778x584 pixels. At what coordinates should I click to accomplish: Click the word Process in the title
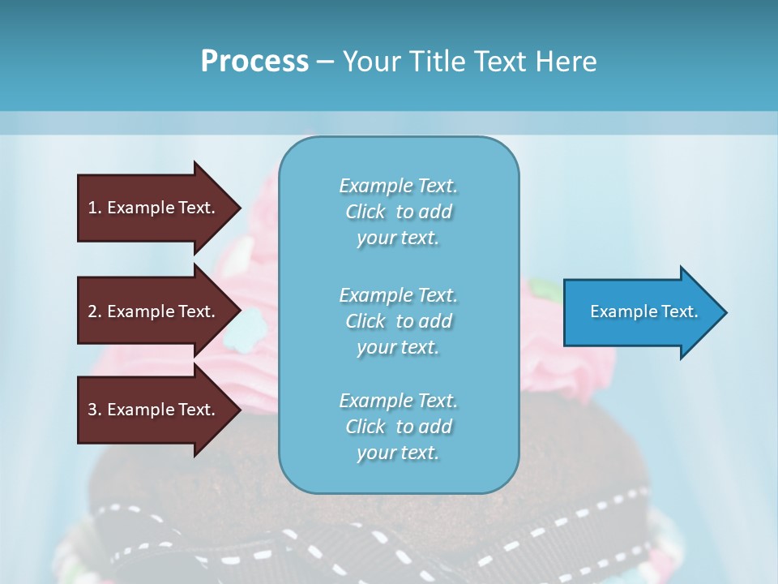254,62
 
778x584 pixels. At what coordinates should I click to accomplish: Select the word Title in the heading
438,62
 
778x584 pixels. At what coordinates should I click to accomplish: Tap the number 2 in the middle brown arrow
92,311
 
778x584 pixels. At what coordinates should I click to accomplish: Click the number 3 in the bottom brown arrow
92,410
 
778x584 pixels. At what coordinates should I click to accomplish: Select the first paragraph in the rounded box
398,212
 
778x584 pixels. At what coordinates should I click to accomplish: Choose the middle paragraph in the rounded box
398,320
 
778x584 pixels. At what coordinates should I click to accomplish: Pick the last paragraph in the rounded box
398,426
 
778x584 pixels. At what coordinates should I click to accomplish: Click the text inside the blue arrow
644,311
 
